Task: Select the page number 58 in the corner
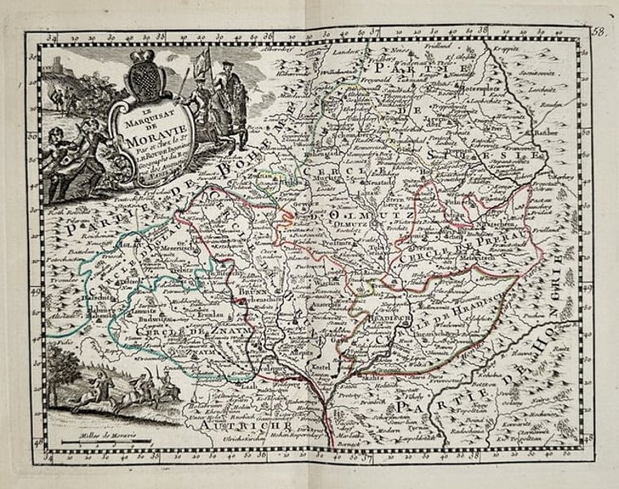coord(600,32)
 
